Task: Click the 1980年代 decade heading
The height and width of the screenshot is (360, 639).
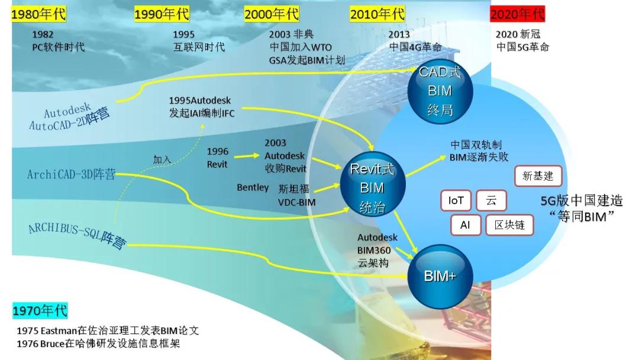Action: point(38,14)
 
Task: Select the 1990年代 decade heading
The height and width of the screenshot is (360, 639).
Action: point(162,14)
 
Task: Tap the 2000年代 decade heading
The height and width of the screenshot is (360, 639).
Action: point(272,14)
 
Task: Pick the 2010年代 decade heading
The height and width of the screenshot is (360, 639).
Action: point(377,14)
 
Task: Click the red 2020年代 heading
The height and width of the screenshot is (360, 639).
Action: point(517,14)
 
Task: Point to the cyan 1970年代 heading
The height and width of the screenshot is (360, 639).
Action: point(40,311)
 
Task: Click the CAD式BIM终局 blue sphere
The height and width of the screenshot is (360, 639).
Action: point(440,91)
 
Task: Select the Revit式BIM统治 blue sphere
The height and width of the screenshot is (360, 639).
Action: point(373,184)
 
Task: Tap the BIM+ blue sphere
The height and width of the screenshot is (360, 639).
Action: point(440,276)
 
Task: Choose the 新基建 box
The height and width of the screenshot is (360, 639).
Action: point(538,176)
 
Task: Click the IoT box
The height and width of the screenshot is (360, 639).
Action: point(456,201)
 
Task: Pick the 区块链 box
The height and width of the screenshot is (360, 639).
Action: point(509,225)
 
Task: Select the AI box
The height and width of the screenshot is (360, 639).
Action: point(466,225)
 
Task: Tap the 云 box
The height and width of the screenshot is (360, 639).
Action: point(491,201)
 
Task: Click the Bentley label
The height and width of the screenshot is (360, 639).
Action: point(253,188)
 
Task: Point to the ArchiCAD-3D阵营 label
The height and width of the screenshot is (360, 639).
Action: point(72,175)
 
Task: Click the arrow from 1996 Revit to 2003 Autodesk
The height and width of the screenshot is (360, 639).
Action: point(247,156)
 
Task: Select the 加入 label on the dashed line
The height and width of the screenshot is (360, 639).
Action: point(162,159)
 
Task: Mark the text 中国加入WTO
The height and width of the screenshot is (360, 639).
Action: point(301,47)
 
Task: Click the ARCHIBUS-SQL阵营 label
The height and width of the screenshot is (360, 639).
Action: point(78,236)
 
